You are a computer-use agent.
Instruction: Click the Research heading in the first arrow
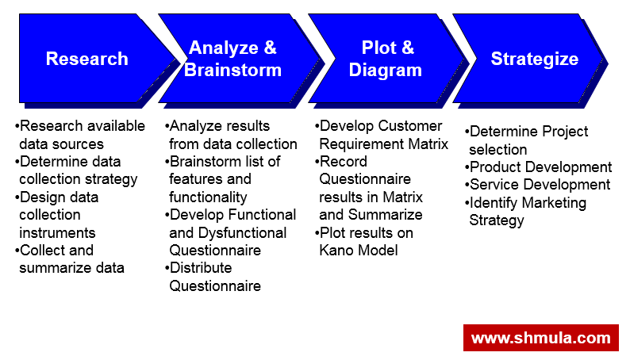86,59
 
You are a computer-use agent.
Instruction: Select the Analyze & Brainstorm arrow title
232,59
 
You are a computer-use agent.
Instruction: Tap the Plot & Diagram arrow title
386,59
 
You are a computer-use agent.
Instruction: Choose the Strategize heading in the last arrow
534,59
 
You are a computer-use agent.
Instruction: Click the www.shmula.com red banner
540,338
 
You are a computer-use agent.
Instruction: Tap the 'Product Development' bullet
540,167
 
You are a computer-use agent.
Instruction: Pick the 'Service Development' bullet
539,185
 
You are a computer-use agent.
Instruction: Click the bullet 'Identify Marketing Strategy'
526,212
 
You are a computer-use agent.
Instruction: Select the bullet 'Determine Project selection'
528,140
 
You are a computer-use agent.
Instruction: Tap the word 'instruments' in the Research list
57,233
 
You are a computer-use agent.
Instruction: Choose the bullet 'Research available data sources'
79,135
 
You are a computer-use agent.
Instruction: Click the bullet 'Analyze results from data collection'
232,135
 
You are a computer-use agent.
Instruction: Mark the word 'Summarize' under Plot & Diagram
385,215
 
